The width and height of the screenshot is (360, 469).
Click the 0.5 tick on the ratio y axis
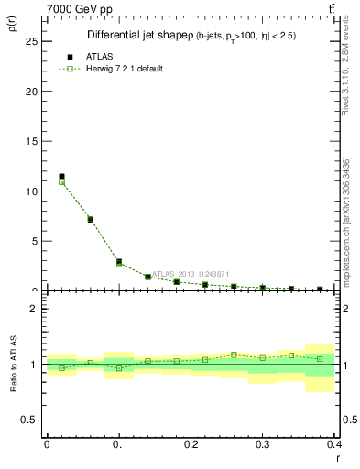coord(32,420)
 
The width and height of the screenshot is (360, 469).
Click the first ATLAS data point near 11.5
coord(61,176)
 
